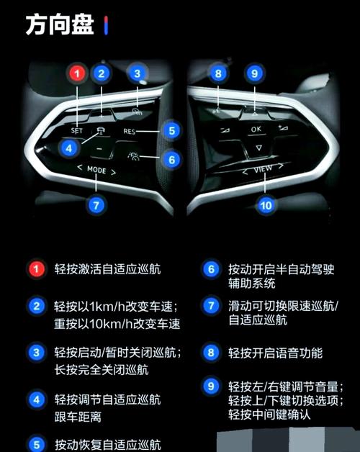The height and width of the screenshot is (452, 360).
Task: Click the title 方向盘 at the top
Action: [60, 25]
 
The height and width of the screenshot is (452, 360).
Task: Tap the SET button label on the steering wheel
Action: [78, 131]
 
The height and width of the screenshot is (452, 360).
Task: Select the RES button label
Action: [130, 132]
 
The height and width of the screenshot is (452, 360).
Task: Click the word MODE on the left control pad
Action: [96, 171]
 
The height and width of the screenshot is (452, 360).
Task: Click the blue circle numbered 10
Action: [267, 205]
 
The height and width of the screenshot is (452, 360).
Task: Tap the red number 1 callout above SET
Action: [77, 73]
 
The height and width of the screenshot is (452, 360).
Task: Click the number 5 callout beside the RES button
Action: [171, 131]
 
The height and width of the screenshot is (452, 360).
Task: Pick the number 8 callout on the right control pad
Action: [218, 73]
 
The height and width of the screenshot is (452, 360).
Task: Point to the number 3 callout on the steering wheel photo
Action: [137, 73]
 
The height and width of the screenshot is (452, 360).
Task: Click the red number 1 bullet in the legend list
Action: [37, 270]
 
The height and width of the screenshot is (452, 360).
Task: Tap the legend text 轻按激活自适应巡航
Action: [107, 270]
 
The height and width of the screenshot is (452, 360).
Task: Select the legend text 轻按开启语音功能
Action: [275, 353]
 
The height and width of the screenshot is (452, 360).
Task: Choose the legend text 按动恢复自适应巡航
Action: [107, 444]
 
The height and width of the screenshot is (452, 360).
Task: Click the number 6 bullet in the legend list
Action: [210, 270]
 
